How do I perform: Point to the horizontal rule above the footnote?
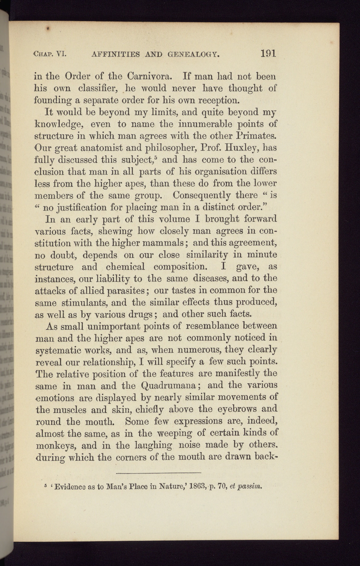(x=159, y=473)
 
